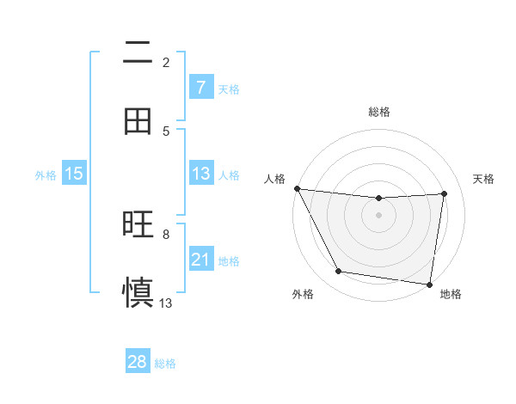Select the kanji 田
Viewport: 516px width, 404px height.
pyautogui.click(x=137, y=121)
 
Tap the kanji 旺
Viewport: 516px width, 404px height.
pyautogui.click(x=137, y=224)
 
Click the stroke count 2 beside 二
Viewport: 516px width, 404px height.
pyautogui.click(x=166, y=62)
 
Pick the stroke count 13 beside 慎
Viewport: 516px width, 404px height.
pyautogui.click(x=166, y=303)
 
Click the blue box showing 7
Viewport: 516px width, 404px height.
pyautogui.click(x=200, y=88)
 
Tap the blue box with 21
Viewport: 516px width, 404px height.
pyautogui.click(x=200, y=260)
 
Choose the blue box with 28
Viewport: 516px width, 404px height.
pyautogui.click(x=138, y=362)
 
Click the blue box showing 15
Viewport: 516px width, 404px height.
pyautogui.click(x=74, y=174)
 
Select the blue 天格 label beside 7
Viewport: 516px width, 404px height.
pyautogui.click(x=229, y=89)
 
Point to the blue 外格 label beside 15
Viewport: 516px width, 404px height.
pyautogui.click(x=46, y=174)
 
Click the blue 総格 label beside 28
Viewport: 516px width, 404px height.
pyautogui.click(x=165, y=363)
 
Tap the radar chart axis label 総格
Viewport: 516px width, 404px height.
pyautogui.click(x=379, y=112)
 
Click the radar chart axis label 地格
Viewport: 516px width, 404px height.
pyautogui.click(x=451, y=294)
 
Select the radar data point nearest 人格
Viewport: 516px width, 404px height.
pyautogui.click(x=297, y=188)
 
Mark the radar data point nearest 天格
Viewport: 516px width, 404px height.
pyautogui.click(x=445, y=193)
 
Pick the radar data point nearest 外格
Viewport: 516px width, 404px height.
pyautogui.click(x=338, y=272)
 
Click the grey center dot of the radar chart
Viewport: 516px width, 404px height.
pyautogui.click(x=379, y=215)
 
